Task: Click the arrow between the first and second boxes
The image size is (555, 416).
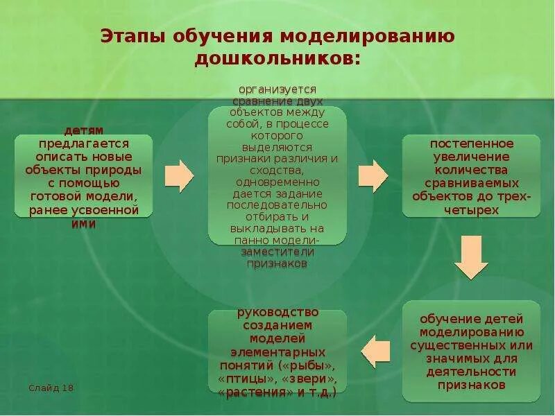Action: pyautogui.click(x=180, y=176)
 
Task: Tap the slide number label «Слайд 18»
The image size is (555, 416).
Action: pyautogui.click(x=51, y=387)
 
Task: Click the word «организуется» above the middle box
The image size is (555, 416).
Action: pyautogui.click(x=277, y=89)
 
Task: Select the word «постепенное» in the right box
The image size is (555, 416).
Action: pyautogui.click(x=472, y=144)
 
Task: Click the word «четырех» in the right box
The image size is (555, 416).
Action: pyautogui.click(x=472, y=209)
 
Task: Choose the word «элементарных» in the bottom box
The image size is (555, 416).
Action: pyautogui.click(x=277, y=351)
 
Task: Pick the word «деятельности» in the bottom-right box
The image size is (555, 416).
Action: pyautogui.click(x=472, y=371)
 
